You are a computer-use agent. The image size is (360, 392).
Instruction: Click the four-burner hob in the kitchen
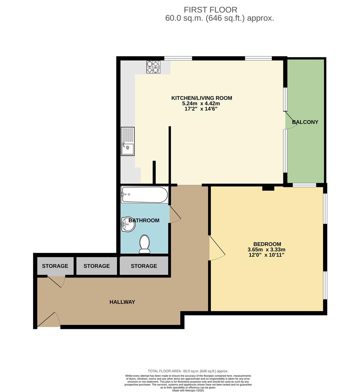(154, 67)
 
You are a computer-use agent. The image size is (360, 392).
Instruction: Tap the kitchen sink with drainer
(128, 142)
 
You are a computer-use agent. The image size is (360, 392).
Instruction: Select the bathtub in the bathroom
(144, 195)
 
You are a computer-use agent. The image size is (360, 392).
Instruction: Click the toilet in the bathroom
(145, 244)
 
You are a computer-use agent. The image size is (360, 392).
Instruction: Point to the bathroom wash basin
(128, 224)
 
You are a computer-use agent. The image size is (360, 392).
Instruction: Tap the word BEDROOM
(267, 244)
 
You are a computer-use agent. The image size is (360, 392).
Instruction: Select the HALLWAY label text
(122, 302)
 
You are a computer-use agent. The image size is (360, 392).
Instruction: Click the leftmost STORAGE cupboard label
(55, 266)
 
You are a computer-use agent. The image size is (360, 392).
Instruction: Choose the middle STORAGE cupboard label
(97, 266)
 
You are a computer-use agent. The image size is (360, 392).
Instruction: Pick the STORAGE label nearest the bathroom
(144, 266)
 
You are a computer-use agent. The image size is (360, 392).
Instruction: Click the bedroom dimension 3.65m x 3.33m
(267, 249)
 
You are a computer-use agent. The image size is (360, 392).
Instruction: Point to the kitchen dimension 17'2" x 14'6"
(201, 109)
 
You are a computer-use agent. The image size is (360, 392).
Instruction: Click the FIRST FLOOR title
(210, 10)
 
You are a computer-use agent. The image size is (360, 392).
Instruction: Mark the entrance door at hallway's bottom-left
(49, 320)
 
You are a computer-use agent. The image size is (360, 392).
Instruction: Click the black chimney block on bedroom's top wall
(268, 188)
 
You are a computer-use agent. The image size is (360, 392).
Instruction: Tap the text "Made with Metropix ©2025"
(188, 390)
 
